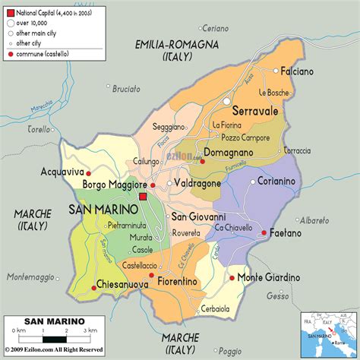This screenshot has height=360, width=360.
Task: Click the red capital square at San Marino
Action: click(143, 197)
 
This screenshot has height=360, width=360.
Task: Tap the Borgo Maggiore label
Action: click(115, 185)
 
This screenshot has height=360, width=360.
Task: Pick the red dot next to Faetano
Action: click(264, 233)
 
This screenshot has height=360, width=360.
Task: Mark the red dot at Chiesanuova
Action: click(93, 285)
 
